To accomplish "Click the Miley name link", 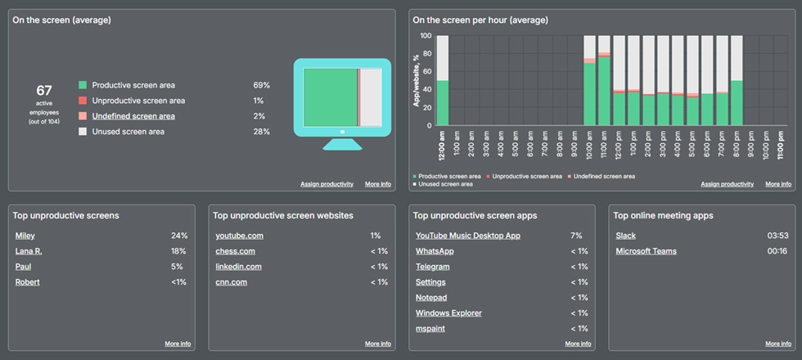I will click(25, 236).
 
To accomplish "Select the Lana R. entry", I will click(29, 251).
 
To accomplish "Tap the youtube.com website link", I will click(240, 236).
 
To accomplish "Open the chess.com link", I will click(236, 251).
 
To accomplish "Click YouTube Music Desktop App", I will click(468, 236).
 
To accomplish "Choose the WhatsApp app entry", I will click(435, 251).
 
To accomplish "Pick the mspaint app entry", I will click(431, 328).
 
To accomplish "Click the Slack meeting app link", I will click(626, 236).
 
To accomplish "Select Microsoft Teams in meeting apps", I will click(646, 251).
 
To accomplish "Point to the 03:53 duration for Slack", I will click(778, 236).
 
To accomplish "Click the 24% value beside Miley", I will click(178, 236).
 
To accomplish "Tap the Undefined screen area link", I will click(133, 116).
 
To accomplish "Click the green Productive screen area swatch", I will click(83, 85).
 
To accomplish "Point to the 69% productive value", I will click(261, 85).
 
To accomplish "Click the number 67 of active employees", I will click(44, 90).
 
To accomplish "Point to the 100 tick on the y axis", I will click(426, 36).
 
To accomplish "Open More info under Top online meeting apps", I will click(778, 344).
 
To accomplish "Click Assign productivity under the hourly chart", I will click(727, 184).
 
